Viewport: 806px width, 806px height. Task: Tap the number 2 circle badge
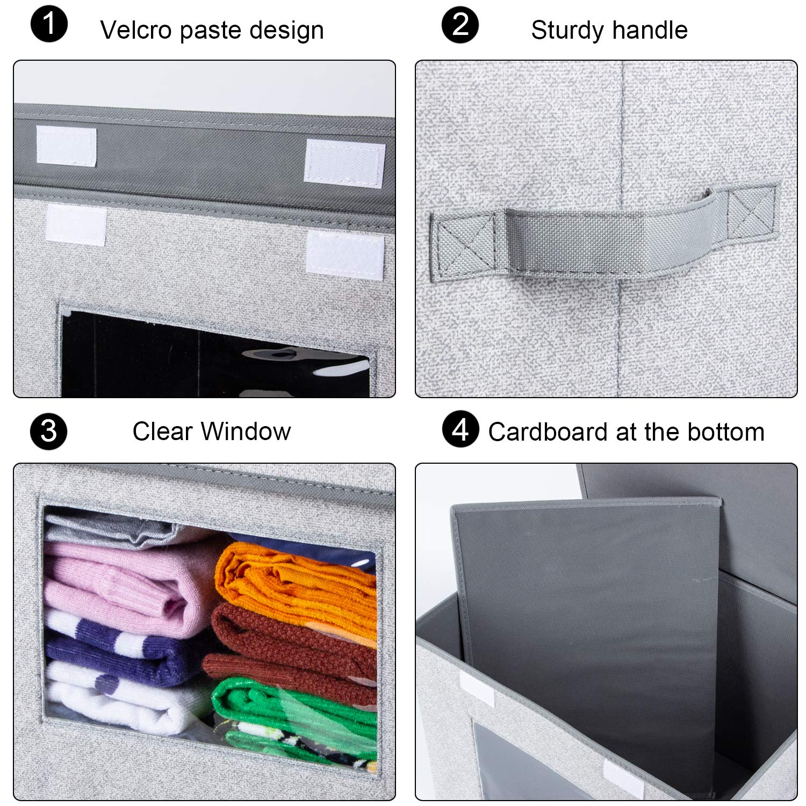460,25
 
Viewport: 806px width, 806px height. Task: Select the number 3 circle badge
49,431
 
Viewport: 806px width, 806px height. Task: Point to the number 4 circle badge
460,429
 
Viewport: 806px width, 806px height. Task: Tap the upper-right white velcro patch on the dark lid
344,163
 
